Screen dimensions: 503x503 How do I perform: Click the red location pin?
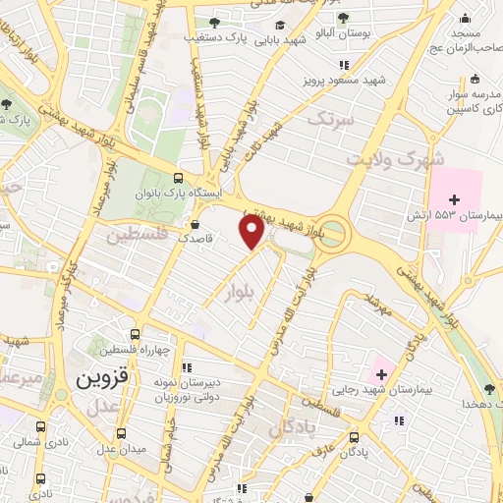click(x=252, y=231)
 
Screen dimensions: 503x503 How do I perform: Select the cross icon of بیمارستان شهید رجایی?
click(x=380, y=373)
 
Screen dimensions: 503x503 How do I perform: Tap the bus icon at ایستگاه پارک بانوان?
click(x=177, y=178)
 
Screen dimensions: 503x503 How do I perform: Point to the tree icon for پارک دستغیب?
click(x=214, y=23)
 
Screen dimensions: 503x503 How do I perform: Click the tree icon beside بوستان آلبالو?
click(x=342, y=17)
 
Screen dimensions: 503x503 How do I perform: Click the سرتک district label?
click(x=327, y=119)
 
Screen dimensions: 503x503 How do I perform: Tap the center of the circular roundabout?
click(x=334, y=234)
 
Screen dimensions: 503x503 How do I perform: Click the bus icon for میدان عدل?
click(x=120, y=431)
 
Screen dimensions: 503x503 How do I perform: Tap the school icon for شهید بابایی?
click(x=280, y=26)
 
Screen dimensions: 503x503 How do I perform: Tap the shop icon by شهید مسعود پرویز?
click(x=343, y=65)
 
